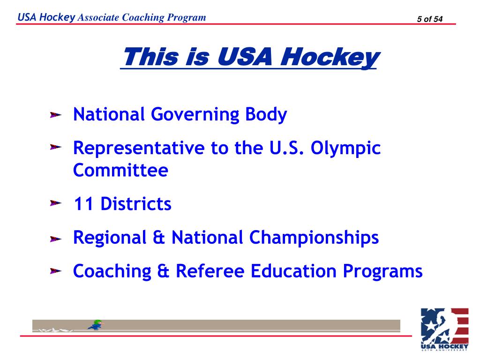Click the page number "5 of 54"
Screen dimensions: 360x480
click(x=429, y=19)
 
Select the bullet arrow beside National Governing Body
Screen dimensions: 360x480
click(x=56, y=115)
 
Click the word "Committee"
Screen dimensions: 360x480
click(x=120, y=170)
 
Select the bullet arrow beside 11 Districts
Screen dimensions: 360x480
click(x=56, y=204)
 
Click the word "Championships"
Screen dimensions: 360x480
click(x=314, y=238)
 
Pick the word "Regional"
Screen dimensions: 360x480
click(x=109, y=238)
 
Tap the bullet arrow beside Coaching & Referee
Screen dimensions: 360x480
click(x=56, y=271)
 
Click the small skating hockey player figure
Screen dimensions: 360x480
click(x=96, y=325)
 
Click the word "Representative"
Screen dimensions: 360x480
click(x=138, y=149)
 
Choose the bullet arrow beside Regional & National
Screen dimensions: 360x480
click(x=56, y=239)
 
